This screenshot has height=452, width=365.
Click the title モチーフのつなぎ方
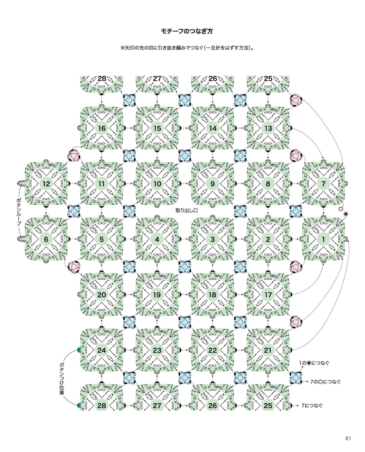pyautogui.click(x=187, y=31)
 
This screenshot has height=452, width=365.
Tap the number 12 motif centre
pyautogui.click(x=46, y=184)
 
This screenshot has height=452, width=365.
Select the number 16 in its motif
pyautogui.click(x=102, y=128)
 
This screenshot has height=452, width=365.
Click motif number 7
pyautogui.click(x=323, y=184)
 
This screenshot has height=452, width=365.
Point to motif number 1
pyautogui.click(x=323, y=239)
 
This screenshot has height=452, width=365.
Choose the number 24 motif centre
pyautogui.click(x=102, y=350)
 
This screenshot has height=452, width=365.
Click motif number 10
pyautogui.click(x=157, y=184)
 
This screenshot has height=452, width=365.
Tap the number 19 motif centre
pyautogui.click(x=157, y=295)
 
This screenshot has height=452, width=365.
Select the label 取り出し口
pyautogui.click(x=187, y=210)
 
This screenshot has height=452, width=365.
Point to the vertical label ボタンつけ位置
pyautogui.click(x=61, y=379)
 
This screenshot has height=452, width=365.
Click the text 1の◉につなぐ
pyautogui.click(x=314, y=363)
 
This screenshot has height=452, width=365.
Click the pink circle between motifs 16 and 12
pyautogui.click(x=74, y=156)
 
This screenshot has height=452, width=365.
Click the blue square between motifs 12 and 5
pyautogui.click(x=74, y=211)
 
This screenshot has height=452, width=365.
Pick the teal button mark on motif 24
pyautogui.click(x=79, y=350)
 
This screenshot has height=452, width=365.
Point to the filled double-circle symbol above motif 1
pyautogui.click(x=345, y=214)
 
